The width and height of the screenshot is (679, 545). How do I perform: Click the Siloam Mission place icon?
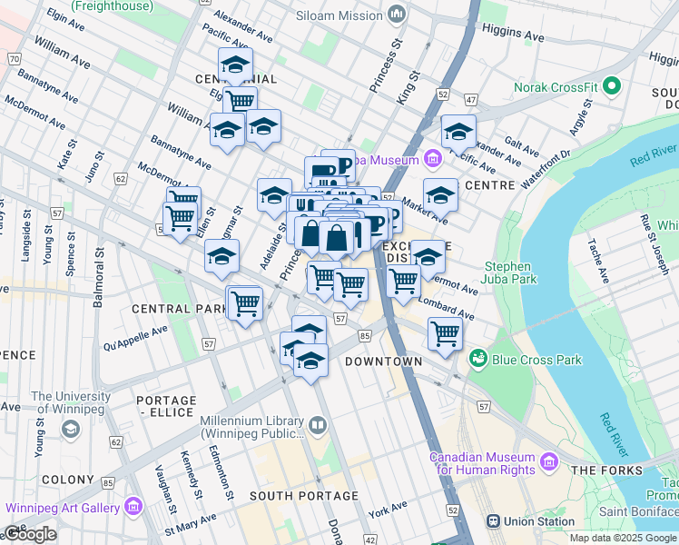[397, 15]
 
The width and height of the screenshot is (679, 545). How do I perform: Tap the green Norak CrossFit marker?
[612, 87]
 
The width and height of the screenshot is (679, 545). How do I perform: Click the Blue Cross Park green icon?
[477, 360]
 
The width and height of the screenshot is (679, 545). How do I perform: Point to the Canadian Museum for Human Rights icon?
[548, 463]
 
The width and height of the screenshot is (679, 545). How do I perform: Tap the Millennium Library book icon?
[317, 424]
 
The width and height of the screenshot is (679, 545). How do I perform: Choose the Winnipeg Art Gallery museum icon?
[133, 506]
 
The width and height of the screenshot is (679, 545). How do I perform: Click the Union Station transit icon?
[494, 521]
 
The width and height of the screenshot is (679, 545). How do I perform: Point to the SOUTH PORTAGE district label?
[292, 496]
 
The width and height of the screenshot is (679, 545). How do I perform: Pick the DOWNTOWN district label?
[383, 362]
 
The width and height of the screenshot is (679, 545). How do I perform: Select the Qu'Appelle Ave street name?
[136, 339]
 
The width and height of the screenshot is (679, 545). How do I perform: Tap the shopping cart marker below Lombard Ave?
[445, 333]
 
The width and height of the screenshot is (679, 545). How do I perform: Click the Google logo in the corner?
[31, 534]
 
